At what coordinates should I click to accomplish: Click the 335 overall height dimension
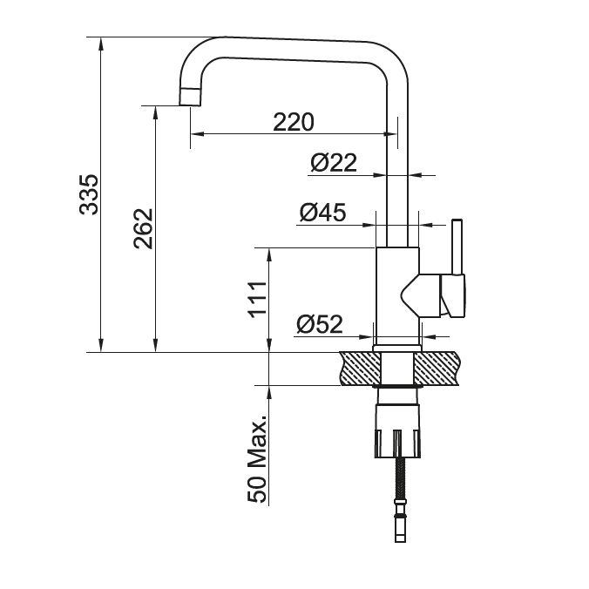89,194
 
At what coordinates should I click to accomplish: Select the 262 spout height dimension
143,228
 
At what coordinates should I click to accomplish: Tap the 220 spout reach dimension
294,122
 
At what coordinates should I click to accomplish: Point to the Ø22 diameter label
334,163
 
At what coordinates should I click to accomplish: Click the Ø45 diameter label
322,213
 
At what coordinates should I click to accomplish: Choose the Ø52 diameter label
320,324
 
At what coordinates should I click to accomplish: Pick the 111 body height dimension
258,300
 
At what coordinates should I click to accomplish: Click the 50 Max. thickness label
257,458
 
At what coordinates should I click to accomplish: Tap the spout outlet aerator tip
190,97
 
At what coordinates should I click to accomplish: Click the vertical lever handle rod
457,247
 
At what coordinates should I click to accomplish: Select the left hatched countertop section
360,369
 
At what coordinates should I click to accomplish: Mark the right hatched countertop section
437,369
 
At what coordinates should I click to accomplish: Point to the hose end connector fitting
401,520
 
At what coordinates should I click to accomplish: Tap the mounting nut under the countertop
398,430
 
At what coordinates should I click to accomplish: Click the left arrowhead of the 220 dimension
197,133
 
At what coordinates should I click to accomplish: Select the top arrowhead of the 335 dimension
100,44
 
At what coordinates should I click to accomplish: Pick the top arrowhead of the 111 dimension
269,254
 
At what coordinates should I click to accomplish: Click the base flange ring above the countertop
397,349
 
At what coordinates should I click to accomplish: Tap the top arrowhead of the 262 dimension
156,112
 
